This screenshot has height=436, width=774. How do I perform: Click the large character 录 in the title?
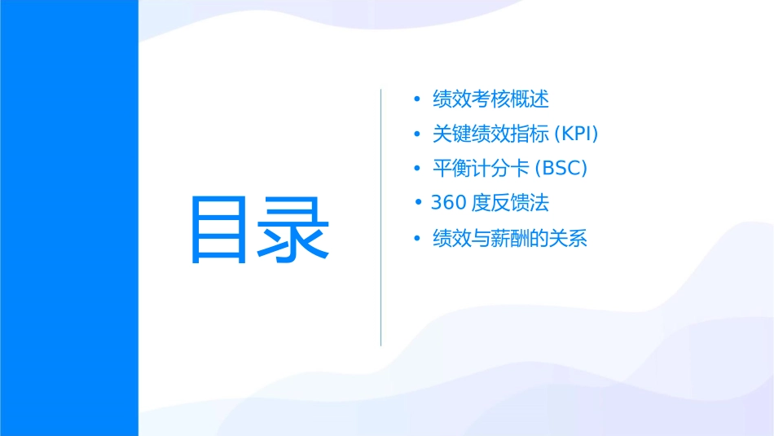coord(295,229)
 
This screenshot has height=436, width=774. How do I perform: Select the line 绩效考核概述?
coord(490,99)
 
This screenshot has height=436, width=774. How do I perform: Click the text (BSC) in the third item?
coord(561,169)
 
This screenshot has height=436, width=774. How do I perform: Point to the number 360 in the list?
coord(448,202)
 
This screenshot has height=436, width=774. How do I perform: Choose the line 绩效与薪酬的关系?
coord(509,239)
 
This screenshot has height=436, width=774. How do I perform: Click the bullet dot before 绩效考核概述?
coord(417,99)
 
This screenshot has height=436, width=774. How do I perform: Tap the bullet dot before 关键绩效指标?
coord(417,134)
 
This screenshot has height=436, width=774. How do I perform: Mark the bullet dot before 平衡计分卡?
coord(417,169)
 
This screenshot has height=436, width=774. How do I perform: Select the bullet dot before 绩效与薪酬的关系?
coord(417,239)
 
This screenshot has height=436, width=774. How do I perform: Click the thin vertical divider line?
coord(381,218)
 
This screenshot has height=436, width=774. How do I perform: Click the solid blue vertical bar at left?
coord(68,218)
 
